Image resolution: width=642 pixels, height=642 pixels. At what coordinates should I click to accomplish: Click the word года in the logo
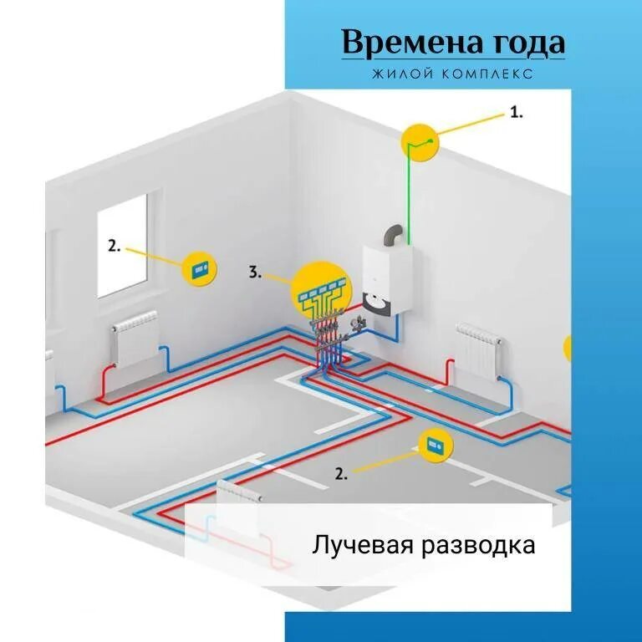(525, 43)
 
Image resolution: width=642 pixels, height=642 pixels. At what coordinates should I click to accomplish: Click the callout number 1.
(517, 112)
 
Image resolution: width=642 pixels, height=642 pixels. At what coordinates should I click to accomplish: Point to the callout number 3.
(256, 272)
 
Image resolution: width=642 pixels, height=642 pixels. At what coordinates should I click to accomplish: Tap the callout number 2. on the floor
(341, 473)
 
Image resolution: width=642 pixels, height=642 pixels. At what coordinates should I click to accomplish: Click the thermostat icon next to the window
(201, 268)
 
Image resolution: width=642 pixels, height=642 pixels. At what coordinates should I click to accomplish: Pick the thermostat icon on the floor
(435, 446)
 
